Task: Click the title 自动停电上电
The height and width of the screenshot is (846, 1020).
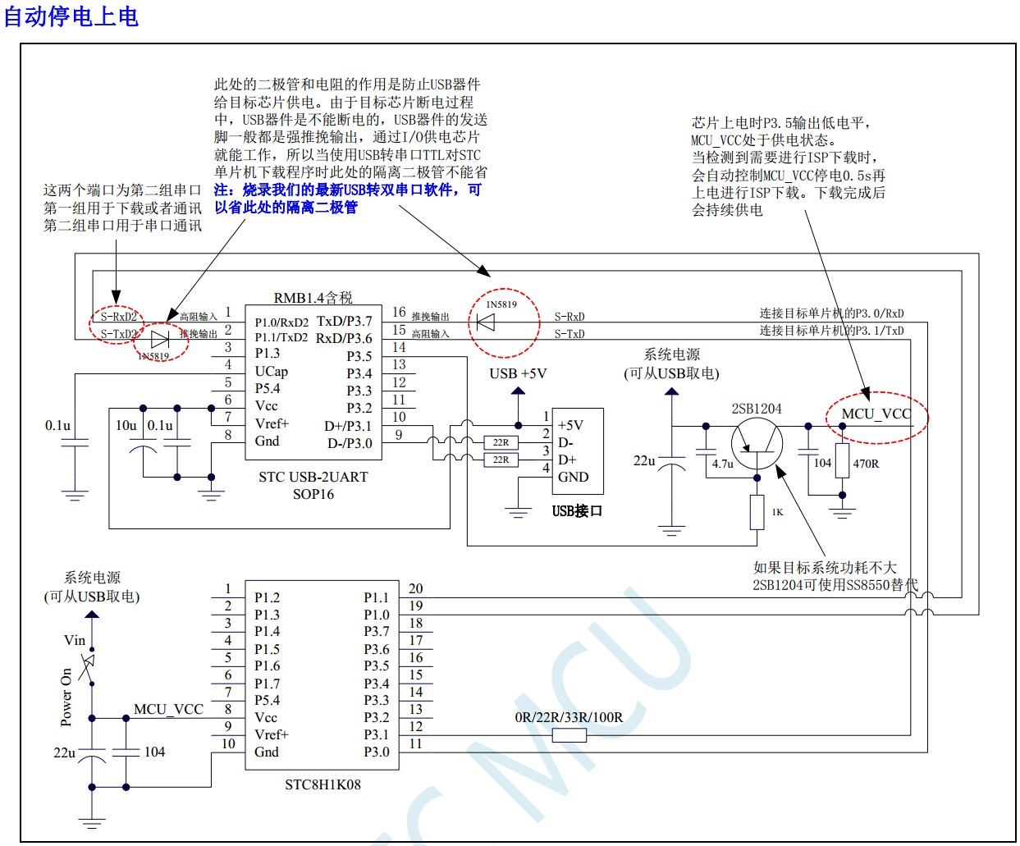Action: [x=71, y=16]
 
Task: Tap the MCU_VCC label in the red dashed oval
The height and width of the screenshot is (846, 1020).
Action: [x=876, y=414]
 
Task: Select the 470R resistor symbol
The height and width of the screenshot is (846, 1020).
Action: [x=842, y=459]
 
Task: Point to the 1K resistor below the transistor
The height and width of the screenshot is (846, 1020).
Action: [x=757, y=511]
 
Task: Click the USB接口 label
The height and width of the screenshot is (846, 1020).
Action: [x=577, y=511]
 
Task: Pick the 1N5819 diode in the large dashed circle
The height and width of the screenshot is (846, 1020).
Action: [x=486, y=322]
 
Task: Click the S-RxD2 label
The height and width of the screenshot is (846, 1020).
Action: [x=118, y=317]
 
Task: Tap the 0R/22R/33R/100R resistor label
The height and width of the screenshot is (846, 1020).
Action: [x=569, y=717]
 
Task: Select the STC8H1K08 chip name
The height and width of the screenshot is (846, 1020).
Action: [x=322, y=784]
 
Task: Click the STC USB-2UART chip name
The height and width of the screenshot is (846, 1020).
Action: [x=313, y=477]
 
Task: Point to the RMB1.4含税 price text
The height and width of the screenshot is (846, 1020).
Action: [x=313, y=297]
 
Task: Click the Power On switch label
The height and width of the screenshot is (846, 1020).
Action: [x=66, y=697]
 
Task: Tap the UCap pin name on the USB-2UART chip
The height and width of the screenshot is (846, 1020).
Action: [x=271, y=371]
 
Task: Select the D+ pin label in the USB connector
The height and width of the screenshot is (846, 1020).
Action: [x=567, y=460]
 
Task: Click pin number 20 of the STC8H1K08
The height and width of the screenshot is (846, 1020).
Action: [x=416, y=588]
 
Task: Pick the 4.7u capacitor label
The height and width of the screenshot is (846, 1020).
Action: [x=723, y=464]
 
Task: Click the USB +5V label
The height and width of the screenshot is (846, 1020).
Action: [x=518, y=373]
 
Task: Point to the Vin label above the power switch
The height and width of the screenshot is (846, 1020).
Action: [x=75, y=639]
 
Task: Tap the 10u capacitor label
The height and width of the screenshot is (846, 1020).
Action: [x=126, y=425]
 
